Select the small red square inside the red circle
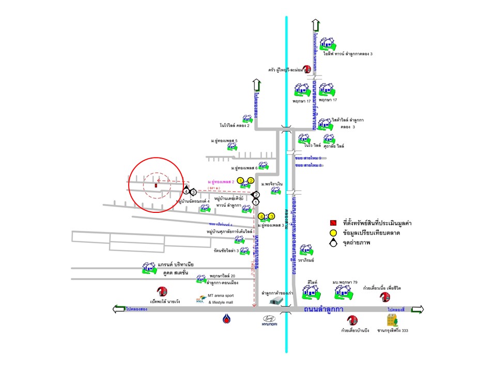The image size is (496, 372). pyautogui.click(x=156, y=184)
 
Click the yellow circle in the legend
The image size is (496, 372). pyautogui.click(x=334, y=234)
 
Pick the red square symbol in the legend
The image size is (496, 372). pyautogui.click(x=334, y=223)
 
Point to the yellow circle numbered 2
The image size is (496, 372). pyautogui.click(x=251, y=180)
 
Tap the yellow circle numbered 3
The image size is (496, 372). pyautogui.click(x=271, y=216)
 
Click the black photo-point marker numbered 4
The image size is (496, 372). pyautogui.click(x=186, y=191)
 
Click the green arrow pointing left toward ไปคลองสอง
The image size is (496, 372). pyautogui.click(x=118, y=309)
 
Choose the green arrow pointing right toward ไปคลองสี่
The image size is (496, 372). pyautogui.click(x=417, y=309)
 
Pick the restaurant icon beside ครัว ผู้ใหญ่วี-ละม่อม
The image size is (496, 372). pyautogui.click(x=306, y=68)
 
